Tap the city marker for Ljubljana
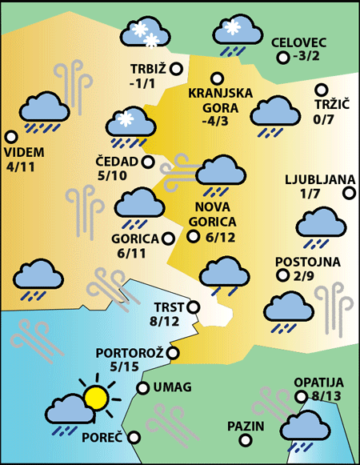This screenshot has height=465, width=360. [349, 192]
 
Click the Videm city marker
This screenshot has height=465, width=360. [11, 137]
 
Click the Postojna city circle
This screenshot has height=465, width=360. [282, 275]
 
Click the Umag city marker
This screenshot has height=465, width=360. [142, 388]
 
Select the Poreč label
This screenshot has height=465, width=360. [101, 437]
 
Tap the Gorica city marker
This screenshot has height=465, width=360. [168, 238]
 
